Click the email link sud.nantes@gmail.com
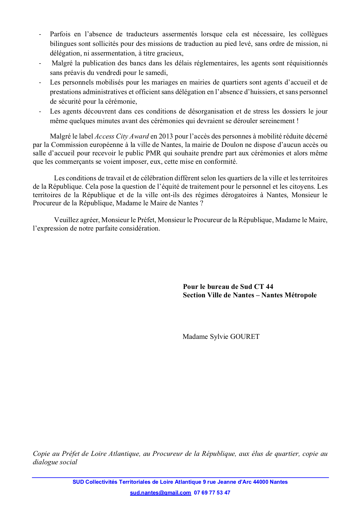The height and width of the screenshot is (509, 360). (160, 492)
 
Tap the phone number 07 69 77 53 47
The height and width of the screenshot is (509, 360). (212, 492)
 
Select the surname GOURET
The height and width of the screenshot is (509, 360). (245, 337)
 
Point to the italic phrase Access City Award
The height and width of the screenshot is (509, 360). (122, 136)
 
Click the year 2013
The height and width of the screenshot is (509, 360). (166, 136)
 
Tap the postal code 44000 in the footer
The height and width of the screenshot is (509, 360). (260, 482)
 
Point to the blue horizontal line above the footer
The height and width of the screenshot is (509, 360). (180, 477)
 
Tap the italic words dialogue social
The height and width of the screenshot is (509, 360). (55, 462)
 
